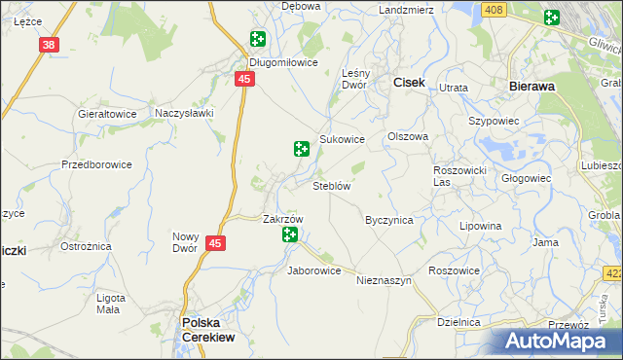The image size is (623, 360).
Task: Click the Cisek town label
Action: (409, 84)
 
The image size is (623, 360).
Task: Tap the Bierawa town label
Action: (532, 86)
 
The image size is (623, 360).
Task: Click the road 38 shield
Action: (50, 45)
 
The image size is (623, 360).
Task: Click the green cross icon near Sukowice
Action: (302, 149)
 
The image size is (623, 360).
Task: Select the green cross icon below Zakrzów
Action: (290, 234)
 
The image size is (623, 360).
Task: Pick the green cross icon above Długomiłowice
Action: (258, 39)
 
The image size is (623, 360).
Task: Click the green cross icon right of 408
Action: (552, 17)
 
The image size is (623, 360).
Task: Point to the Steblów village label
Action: (331, 186)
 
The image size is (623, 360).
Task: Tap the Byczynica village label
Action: (388, 220)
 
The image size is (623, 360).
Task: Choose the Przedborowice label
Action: (96, 164)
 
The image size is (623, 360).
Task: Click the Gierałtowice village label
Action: (107, 114)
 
